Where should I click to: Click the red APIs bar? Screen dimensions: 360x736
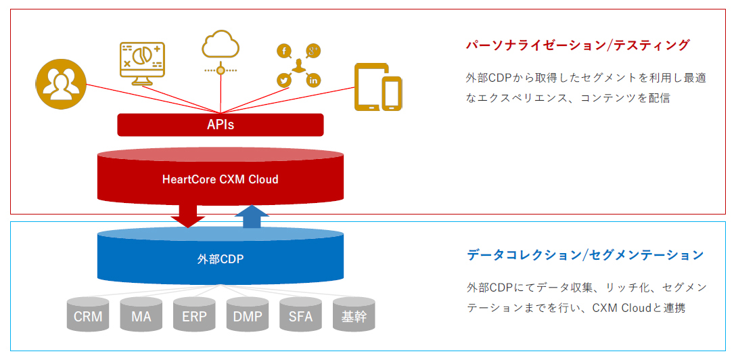pyautogui.click(x=221, y=125)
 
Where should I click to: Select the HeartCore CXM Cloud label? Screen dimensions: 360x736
pyautogui.click(x=221, y=179)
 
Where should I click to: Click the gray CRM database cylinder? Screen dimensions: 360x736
pyautogui.click(x=88, y=315)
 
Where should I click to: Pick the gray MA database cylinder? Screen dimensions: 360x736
pyautogui.click(x=141, y=315)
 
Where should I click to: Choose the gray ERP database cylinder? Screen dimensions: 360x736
pyautogui.click(x=194, y=315)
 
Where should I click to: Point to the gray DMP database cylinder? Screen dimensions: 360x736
pyautogui.click(x=247, y=315)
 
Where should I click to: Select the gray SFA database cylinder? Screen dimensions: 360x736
pyautogui.click(x=300, y=315)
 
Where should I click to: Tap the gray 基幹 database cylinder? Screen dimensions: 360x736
pyautogui.click(x=353, y=315)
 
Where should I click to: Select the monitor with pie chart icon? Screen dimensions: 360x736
pyautogui.click(x=141, y=63)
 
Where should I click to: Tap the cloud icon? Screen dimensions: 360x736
pyautogui.click(x=221, y=45)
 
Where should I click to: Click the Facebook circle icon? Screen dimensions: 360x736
pyautogui.click(x=284, y=51)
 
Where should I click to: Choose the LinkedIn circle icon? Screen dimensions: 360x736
pyautogui.click(x=313, y=81)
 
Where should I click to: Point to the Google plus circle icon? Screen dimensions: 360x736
pyautogui.click(x=313, y=51)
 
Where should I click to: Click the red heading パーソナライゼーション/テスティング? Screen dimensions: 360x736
pyautogui.click(x=578, y=45)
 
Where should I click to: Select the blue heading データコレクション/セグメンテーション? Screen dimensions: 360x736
pyautogui.click(x=585, y=255)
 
